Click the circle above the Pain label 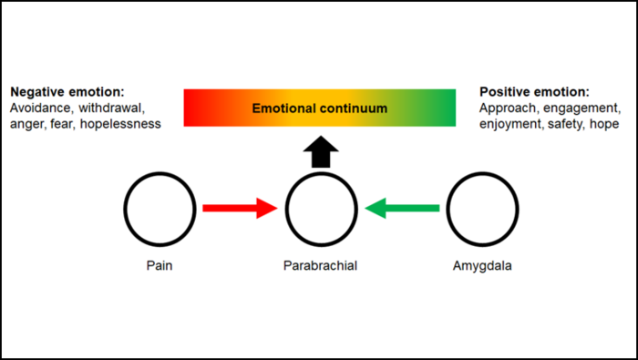tap(160, 209)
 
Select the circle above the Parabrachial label tap(320, 209)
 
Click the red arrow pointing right tap(239, 209)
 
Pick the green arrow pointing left tap(402, 209)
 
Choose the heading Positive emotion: tap(534, 93)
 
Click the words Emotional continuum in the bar tap(320, 108)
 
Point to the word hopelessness tap(120, 124)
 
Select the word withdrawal tap(115, 108)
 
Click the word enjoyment tap(511, 124)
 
